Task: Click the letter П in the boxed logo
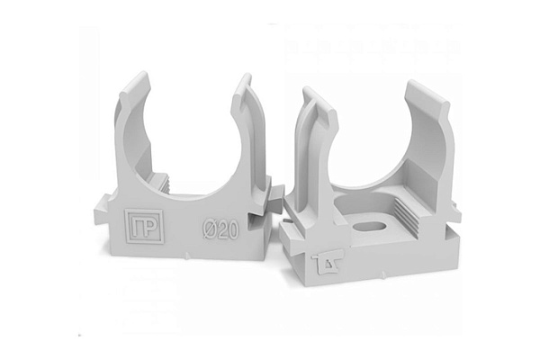pos(137,226)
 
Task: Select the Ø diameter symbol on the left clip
pos(209,229)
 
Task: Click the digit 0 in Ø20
pos(233,229)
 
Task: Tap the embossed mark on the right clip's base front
pos(327,263)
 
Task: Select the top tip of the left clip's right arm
pos(246,75)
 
